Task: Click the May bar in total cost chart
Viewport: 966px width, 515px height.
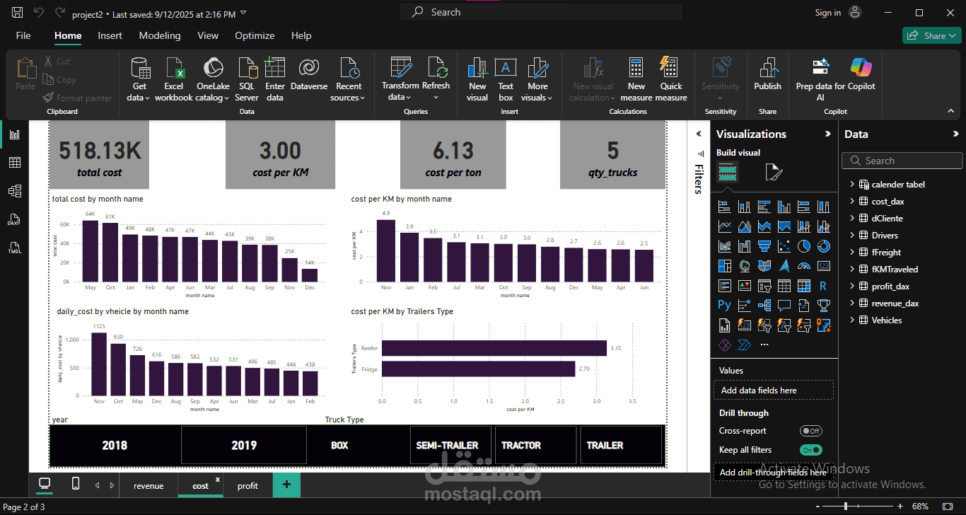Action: [x=91, y=251]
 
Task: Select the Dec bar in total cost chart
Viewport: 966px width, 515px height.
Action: [x=310, y=274]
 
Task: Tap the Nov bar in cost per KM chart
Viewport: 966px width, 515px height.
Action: [x=385, y=251]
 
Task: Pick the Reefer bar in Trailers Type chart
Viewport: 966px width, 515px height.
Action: [x=494, y=348]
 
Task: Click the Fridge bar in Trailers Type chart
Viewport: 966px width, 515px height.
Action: [x=478, y=369]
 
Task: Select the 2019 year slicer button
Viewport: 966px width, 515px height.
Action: [x=244, y=445]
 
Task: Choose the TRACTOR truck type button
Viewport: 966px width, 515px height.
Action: [x=521, y=445]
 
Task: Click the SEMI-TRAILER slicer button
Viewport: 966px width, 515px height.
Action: [x=447, y=445]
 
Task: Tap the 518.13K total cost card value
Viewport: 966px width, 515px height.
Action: [x=100, y=151]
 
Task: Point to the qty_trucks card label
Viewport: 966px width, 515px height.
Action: [x=612, y=173]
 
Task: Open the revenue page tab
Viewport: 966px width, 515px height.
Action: [x=149, y=486]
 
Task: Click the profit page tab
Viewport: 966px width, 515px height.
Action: [x=248, y=486]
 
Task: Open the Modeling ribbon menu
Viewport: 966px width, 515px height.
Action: [x=160, y=35]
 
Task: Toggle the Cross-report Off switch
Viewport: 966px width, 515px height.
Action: [x=811, y=431]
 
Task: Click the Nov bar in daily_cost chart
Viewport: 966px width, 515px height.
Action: [x=99, y=364]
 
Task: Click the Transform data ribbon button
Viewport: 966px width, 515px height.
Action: [x=400, y=79]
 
